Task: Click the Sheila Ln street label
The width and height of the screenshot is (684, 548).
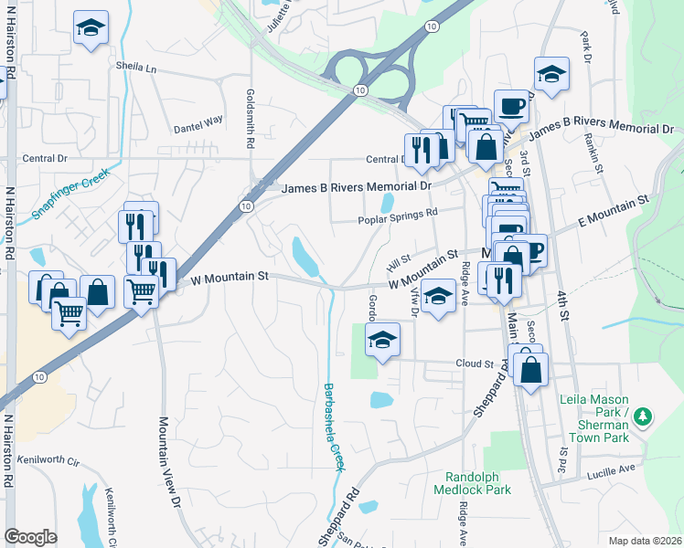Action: coord(136,68)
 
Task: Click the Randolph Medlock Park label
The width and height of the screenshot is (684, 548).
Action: coord(477,483)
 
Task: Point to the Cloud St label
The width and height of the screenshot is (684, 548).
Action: coord(475,364)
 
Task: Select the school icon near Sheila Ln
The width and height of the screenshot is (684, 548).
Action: coord(91,28)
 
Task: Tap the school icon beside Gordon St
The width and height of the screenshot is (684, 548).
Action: coord(382,342)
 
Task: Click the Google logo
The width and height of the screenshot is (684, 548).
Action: coord(31,536)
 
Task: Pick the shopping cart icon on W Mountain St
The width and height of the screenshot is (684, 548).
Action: coord(141,292)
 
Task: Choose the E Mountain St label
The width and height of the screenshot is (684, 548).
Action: coord(612,211)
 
